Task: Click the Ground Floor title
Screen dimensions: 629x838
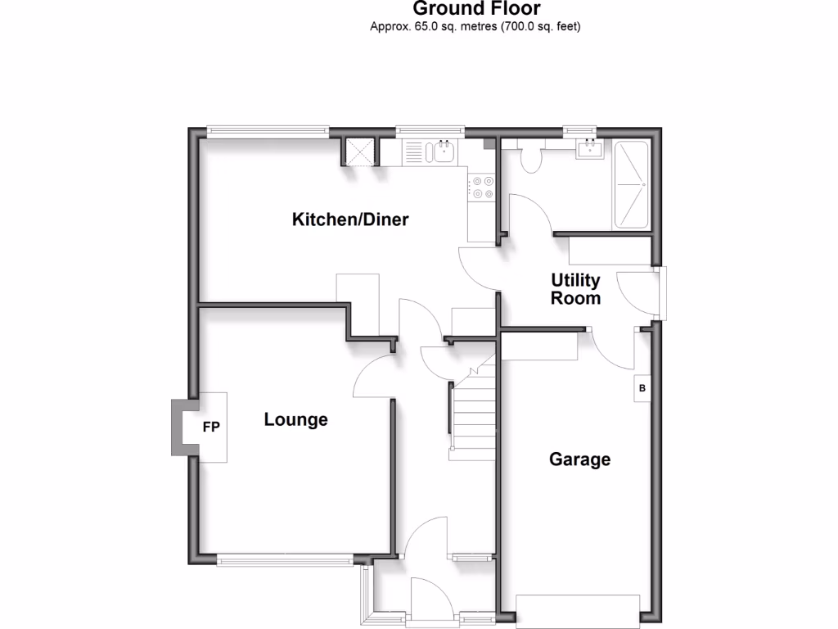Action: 476,9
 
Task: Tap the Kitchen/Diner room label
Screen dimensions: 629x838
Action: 350,219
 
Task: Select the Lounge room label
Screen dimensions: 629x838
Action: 295,420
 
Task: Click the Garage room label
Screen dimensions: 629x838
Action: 579,459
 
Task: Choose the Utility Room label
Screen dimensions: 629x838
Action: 575,289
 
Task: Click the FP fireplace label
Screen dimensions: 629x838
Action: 211,427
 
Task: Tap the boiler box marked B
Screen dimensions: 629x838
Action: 642,389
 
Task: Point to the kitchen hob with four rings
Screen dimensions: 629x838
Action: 481,188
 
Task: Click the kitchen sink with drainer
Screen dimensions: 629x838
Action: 430,152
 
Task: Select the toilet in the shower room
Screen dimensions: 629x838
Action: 531,158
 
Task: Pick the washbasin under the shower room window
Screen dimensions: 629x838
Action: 589,148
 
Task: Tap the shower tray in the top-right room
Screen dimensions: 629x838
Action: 632,185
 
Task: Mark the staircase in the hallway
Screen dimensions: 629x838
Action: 474,414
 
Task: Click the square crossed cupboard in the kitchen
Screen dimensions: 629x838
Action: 359,152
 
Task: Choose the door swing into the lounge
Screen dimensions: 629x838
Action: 372,377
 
